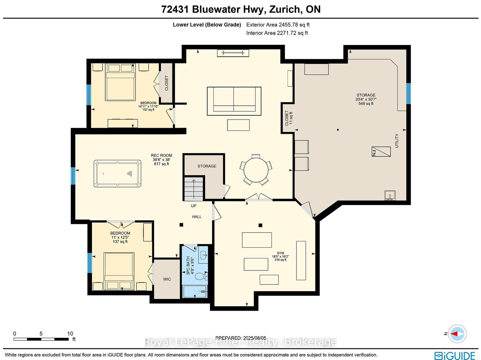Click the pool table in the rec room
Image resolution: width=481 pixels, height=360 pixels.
click(x=117, y=173)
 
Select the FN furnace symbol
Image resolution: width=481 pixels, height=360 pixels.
click(x=381, y=151)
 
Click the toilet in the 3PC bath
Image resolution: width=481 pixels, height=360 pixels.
click(x=201, y=276)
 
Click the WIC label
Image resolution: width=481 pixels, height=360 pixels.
click(x=167, y=279)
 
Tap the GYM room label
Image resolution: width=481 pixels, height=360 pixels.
click(x=280, y=253)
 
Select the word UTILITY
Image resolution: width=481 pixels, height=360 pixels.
click(x=397, y=141)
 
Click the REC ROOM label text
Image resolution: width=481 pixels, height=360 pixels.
click(x=161, y=155)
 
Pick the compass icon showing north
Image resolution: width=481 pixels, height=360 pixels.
click(x=457, y=334)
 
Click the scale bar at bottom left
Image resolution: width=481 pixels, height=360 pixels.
click(x=41, y=339)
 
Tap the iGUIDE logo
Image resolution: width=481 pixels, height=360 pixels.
click(x=455, y=355)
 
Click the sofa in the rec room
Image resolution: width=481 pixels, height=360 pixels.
click(x=234, y=101)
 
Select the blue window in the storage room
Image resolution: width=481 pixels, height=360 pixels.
click(x=408, y=93)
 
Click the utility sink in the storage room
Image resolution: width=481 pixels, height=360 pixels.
click(x=390, y=196)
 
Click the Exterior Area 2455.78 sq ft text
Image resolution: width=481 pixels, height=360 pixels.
click(x=278, y=25)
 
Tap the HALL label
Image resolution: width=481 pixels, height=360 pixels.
click(x=197, y=217)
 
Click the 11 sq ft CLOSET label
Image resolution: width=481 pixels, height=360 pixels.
click(x=289, y=118)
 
